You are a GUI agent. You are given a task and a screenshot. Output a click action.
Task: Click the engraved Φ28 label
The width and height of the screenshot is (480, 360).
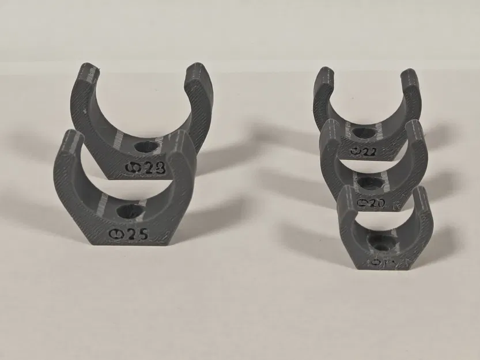[145, 168]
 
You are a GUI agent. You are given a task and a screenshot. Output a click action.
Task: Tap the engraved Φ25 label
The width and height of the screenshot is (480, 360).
[130, 234]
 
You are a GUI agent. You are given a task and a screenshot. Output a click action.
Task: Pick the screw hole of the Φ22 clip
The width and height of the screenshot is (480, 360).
[365, 133]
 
